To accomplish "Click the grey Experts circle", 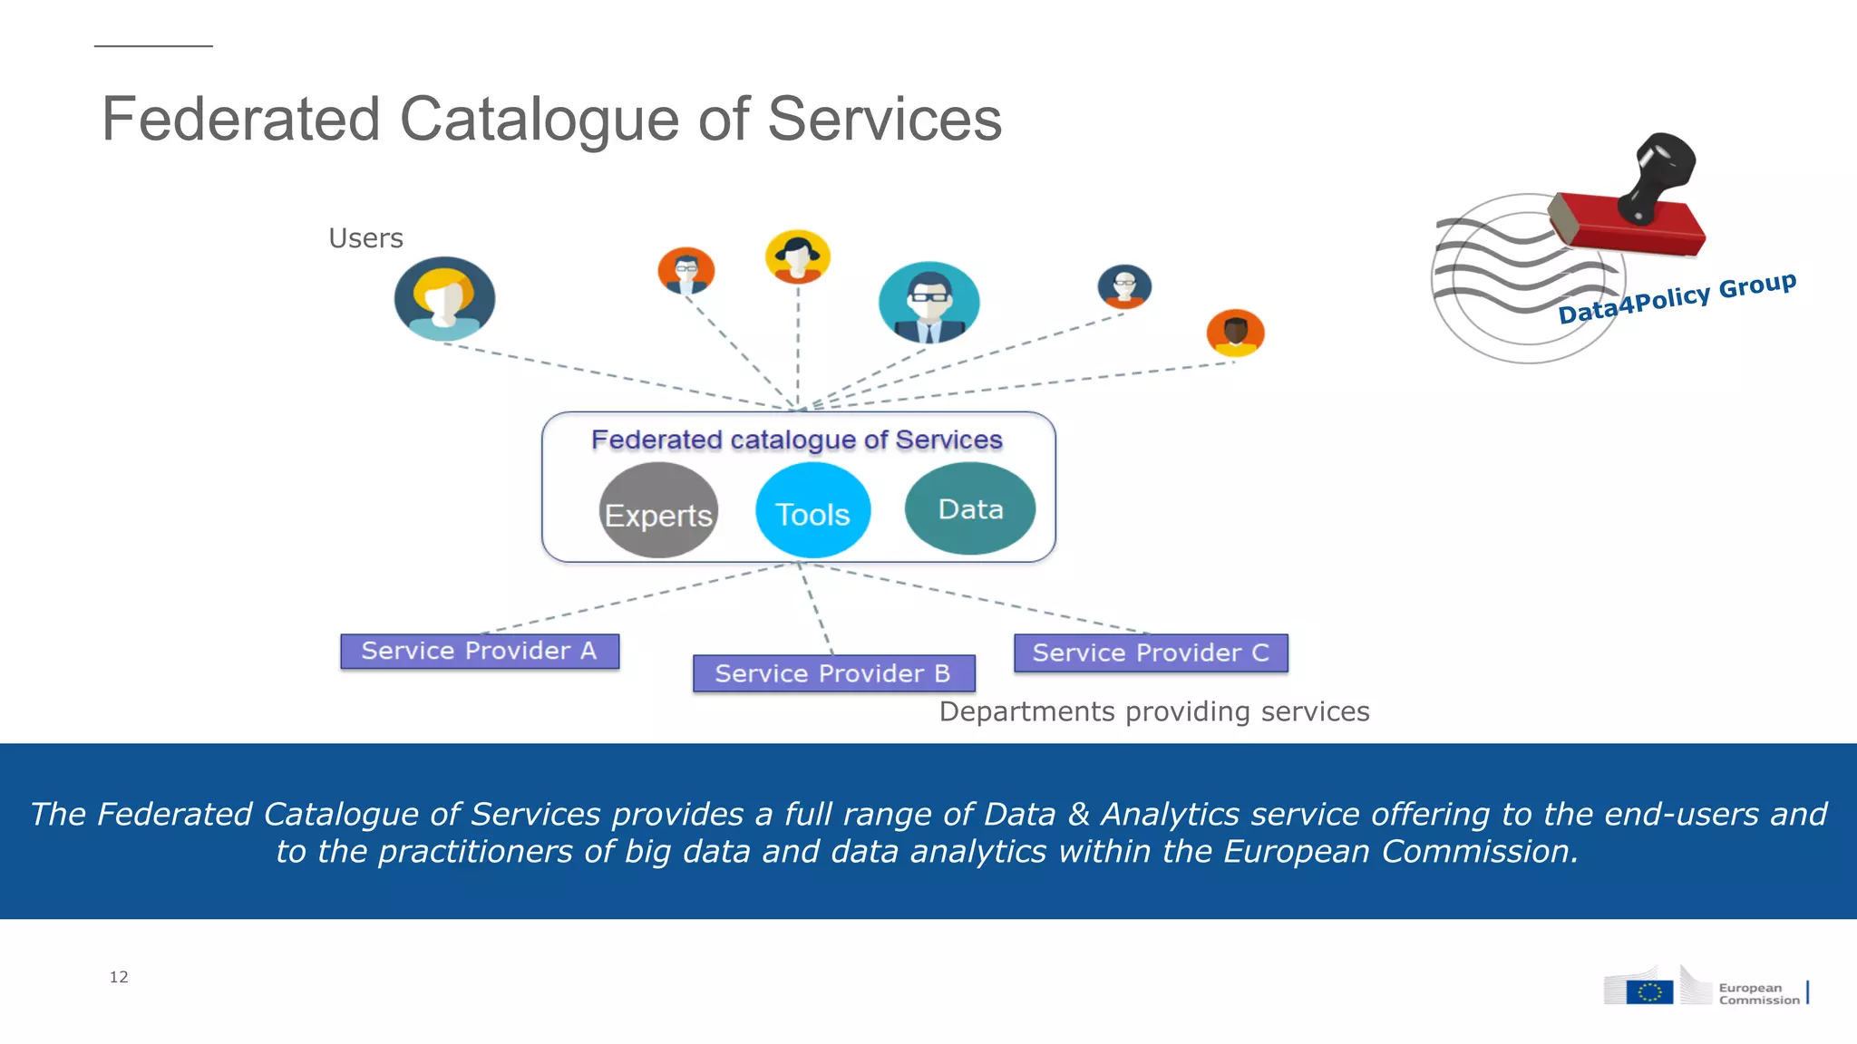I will click(x=658, y=511).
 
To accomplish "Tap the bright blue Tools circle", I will click(x=812, y=511).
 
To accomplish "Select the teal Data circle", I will click(x=969, y=508).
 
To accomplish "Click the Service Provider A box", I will click(x=480, y=651).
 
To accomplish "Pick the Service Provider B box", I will click(x=833, y=673).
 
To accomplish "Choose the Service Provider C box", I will click(x=1150, y=652).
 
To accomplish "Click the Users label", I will click(x=365, y=238).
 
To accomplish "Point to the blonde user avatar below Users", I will click(x=444, y=298).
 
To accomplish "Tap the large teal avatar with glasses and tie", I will click(x=928, y=302).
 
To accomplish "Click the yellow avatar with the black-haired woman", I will click(x=797, y=256).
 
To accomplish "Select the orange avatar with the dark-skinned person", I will click(x=1235, y=333).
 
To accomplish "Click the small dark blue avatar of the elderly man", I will click(x=1124, y=286).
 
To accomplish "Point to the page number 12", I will click(x=119, y=977).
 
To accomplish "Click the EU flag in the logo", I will click(x=1649, y=991).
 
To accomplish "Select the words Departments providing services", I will click(x=1153, y=711).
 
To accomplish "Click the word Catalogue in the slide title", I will click(x=539, y=120).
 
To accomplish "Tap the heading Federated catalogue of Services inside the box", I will click(x=796, y=440).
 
